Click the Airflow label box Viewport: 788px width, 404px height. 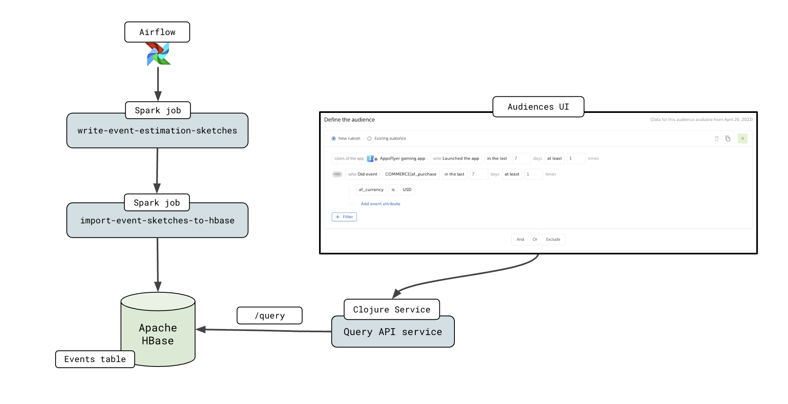pyautogui.click(x=157, y=32)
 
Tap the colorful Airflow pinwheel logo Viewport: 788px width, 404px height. pyautogui.click(x=158, y=54)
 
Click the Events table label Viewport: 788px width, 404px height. pyautogui.click(x=95, y=359)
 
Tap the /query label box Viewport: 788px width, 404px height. pyautogui.click(x=270, y=316)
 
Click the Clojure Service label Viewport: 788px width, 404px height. pyautogui.click(x=392, y=309)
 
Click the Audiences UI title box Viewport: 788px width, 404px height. pyautogui.click(x=538, y=107)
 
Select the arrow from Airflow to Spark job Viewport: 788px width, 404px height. pyautogui.click(x=158, y=83)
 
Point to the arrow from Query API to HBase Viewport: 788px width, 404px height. pyautogui.click(x=266, y=331)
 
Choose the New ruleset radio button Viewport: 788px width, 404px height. pyautogui.click(x=334, y=139)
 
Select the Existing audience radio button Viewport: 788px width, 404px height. pyautogui.click(x=369, y=139)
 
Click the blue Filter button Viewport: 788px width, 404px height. pyautogui.click(x=344, y=217)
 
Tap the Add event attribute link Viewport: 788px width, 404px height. pyautogui.click(x=380, y=204)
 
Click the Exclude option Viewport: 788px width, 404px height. pyautogui.click(x=553, y=239)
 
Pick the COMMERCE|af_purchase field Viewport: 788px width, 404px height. pyautogui.click(x=411, y=174)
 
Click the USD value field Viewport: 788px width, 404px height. pyautogui.click(x=407, y=190)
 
